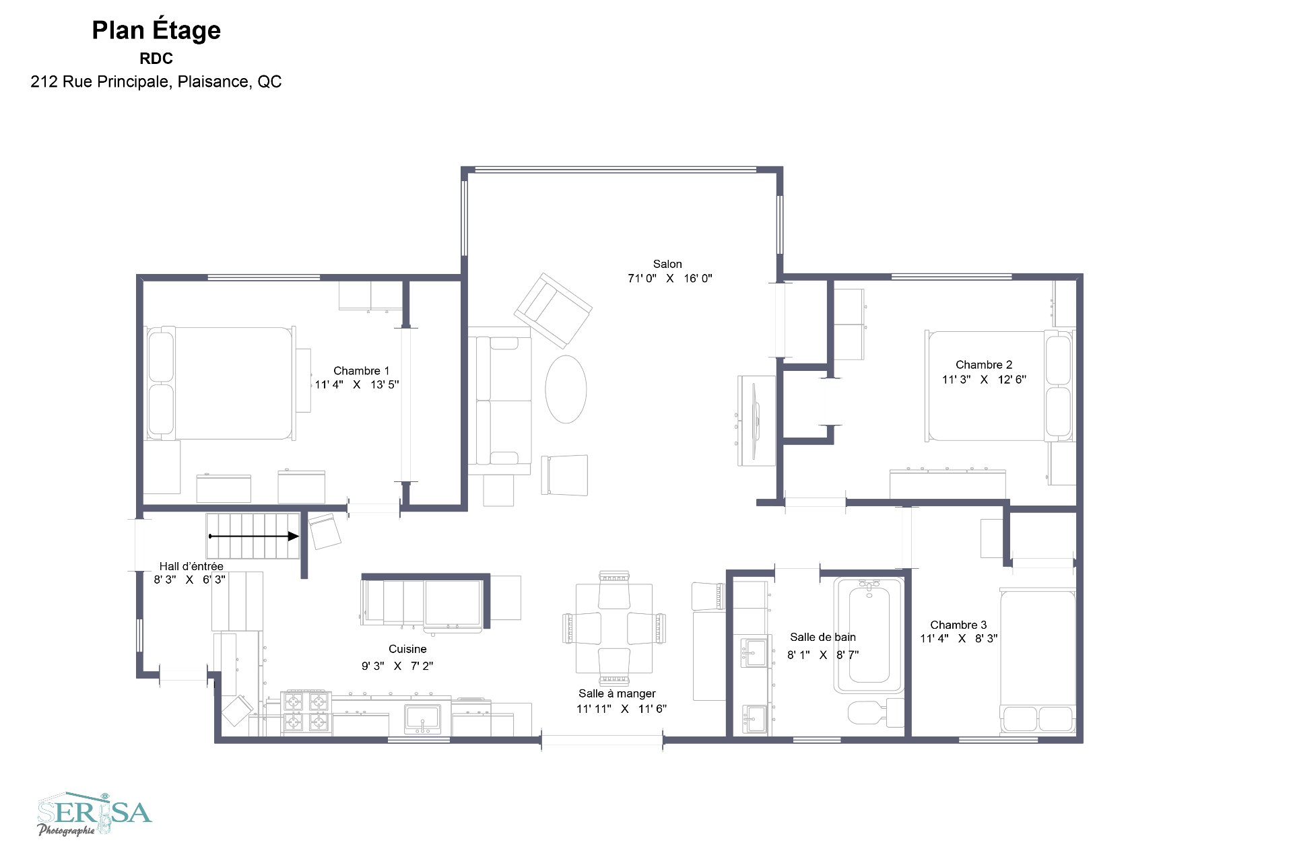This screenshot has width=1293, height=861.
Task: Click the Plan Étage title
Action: tap(156, 31)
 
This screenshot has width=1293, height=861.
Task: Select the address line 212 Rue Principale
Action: tap(156, 82)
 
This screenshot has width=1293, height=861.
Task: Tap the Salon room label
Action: tap(667, 264)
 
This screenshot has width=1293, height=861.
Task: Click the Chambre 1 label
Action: tap(361, 371)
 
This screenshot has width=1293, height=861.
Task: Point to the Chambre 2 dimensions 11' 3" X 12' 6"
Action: tap(984, 380)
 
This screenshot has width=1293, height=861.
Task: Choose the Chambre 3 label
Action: tap(958, 625)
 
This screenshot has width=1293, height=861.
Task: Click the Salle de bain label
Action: tap(823, 637)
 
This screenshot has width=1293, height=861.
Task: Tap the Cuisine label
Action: tap(407, 649)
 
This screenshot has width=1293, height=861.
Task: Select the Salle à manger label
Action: tap(617, 693)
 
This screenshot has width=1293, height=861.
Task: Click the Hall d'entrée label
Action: tap(191, 566)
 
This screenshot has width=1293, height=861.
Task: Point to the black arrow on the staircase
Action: tap(254, 537)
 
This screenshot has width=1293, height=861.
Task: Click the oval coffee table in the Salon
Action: tap(566, 389)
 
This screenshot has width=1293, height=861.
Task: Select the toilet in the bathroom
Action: tap(876, 711)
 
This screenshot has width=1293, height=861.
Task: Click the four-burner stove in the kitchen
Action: tap(306, 712)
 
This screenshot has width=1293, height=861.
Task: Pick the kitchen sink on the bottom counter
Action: tap(422, 719)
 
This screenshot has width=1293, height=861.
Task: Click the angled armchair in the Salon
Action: tap(553, 310)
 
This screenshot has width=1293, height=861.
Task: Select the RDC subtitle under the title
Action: tap(156, 59)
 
